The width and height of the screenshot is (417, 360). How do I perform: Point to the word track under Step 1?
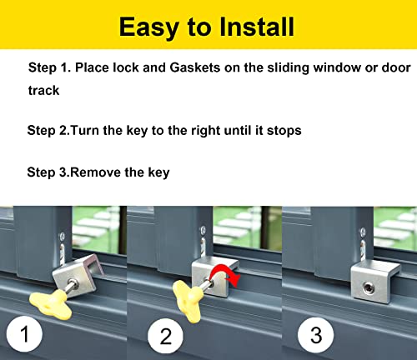[x=43, y=89]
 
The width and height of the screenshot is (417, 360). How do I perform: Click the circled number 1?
[x=25, y=335]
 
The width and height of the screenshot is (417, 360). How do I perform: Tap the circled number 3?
[x=314, y=335]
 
